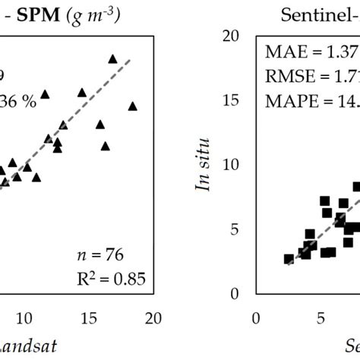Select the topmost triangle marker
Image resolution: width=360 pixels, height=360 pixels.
pos(112,58)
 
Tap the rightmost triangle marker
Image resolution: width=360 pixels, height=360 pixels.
pos(133,106)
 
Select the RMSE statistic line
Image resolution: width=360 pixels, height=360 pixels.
pos(311,77)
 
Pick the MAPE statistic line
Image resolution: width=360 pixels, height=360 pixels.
pos(311,101)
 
